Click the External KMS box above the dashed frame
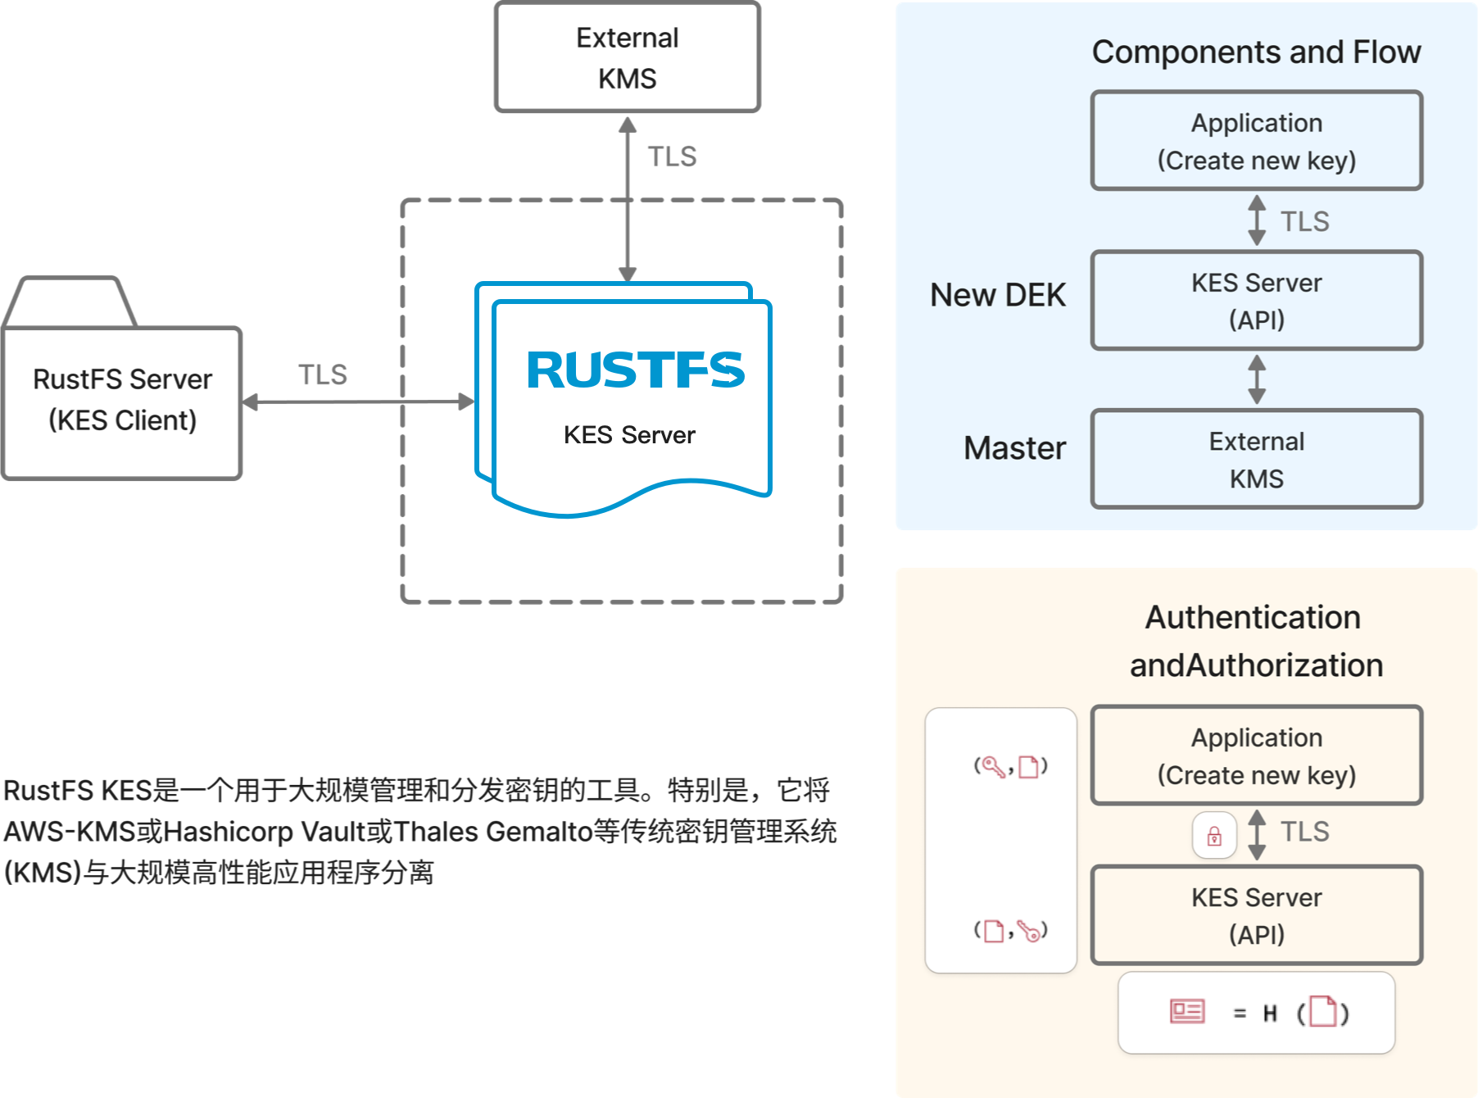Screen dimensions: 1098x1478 click(628, 57)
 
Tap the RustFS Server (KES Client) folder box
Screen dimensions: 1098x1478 click(123, 401)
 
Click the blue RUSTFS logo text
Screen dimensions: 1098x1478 click(636, 370)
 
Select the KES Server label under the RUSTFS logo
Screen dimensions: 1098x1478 click(629, 435)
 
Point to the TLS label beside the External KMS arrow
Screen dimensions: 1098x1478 click(672, 157)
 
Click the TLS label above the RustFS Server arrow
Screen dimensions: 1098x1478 click(322, 375)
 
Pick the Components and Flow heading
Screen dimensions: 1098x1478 click(1256, 52)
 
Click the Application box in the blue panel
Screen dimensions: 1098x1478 click(1256, 141)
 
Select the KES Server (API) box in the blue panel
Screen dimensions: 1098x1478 click(1256, 301)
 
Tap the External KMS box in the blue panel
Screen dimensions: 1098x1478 click(1256, 460)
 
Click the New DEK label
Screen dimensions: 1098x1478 click(997, 295)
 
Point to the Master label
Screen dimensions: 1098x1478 click(1014, 448)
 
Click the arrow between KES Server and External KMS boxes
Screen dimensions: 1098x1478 click(1257, 379)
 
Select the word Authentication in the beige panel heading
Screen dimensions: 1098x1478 click(1253, 618)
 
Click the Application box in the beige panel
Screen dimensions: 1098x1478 click(1256, 755)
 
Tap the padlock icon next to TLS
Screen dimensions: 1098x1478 click(1214, 836)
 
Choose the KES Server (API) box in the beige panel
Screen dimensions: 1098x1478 click(1256, 915)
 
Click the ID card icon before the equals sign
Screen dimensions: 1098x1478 click(1187, 1012)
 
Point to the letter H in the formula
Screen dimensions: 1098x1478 click(1270, 1014)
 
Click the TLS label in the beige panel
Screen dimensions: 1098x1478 click(1304, 832)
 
